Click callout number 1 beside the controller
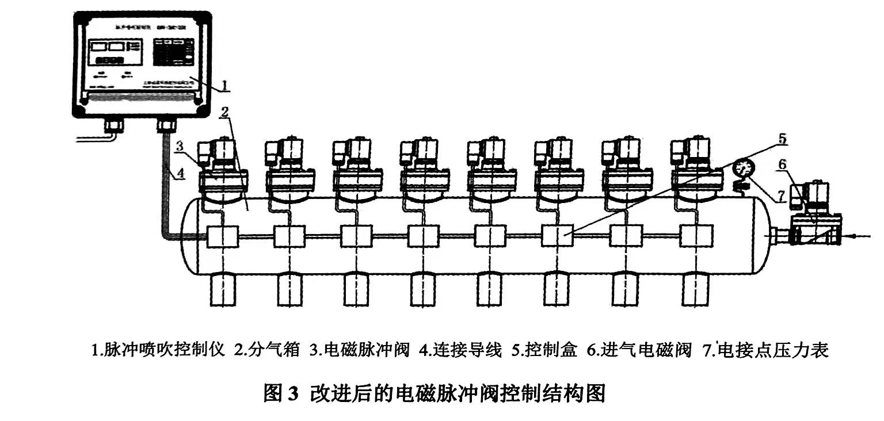(x=225, y=86)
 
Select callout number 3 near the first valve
(x=180, y=147)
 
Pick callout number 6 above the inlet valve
(x=781, y=164)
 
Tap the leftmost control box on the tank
(x=222, y=236)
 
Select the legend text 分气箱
(x=277, y=350)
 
